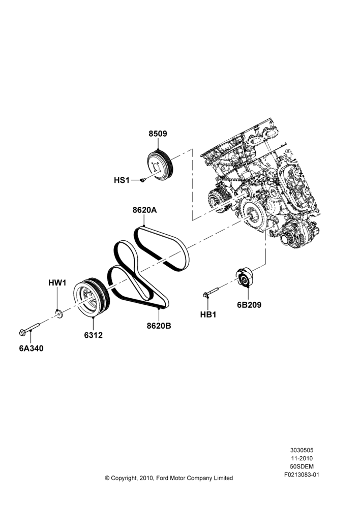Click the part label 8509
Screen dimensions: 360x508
pos(158,134)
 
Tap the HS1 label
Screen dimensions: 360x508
pos(122,180)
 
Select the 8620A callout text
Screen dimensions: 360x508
pos(144,210)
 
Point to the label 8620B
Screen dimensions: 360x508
pos(159,326)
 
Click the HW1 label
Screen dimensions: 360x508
pos(57,283)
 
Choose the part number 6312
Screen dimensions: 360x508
pos(94,335)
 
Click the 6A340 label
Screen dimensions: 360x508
pos(31,348)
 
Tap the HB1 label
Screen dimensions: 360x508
pos(208,314)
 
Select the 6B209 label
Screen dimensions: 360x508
pos(249,305)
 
